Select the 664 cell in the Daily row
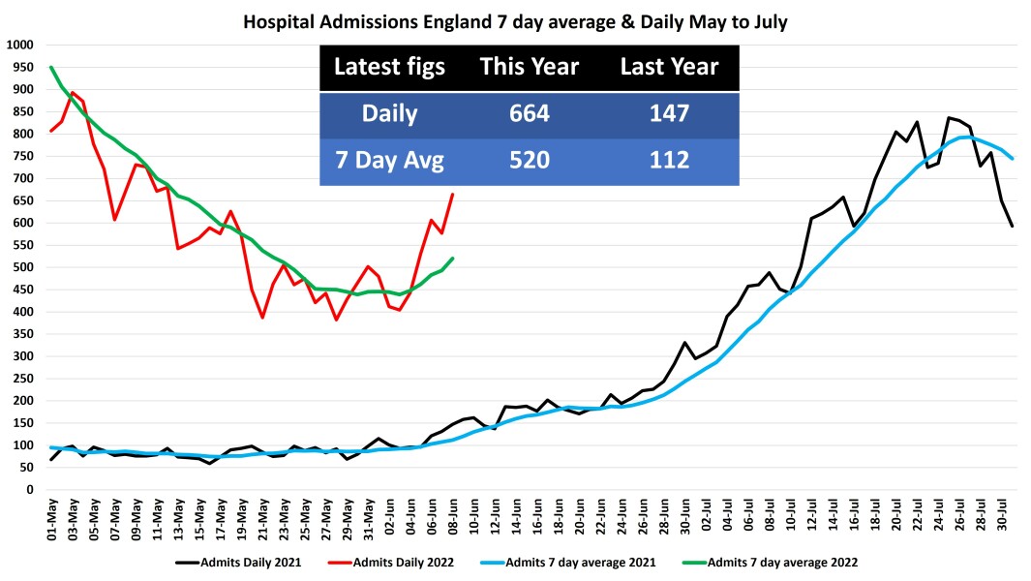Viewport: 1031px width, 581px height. point(529,113)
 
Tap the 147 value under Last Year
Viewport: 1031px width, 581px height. point(669,113)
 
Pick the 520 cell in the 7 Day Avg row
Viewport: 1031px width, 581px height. point(529,159)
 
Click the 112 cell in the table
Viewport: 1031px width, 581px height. point(669,159)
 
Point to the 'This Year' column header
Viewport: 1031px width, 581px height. point(529,67)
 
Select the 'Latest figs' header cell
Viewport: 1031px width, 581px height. point(389,67)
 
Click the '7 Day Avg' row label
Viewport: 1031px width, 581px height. point(389,159)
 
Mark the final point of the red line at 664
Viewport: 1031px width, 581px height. point(453,195)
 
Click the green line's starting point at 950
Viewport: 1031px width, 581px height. point(50,68)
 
